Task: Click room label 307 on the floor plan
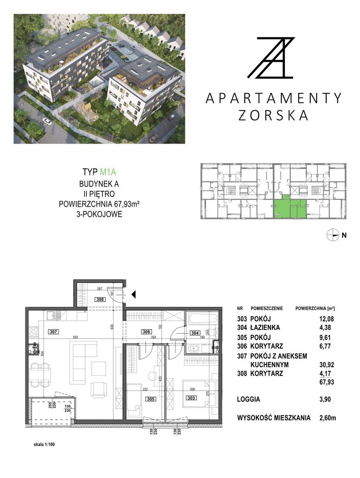[53, 332]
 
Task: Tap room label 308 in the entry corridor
[100, 299]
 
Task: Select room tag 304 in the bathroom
[195, 333]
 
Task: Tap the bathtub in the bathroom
[203, 318]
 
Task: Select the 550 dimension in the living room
[75, 337]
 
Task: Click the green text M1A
[108, 172]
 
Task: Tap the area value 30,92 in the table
[327, 365]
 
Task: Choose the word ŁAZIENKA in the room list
[265, 327]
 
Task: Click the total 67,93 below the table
[327, 382]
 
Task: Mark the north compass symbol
[333, 235]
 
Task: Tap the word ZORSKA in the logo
[273, 115]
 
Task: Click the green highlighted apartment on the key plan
[290, 207]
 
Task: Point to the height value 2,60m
[328, 418]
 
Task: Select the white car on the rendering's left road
[47, 121]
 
